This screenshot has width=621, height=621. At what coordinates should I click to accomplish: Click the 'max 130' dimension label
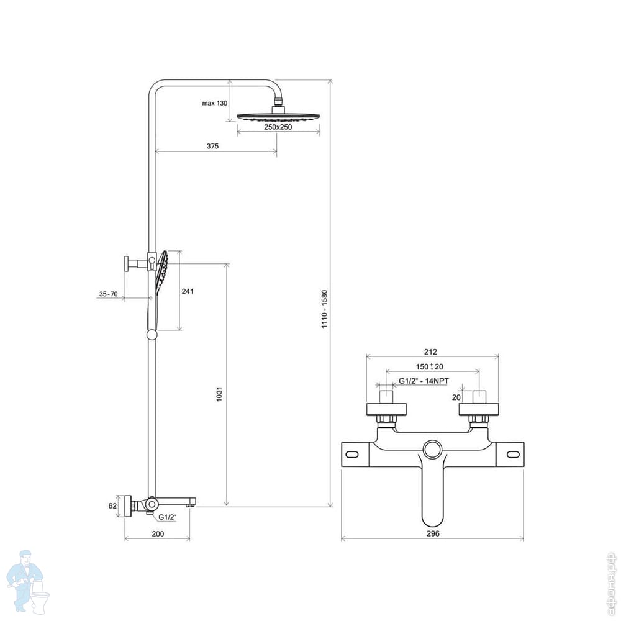point(215,103)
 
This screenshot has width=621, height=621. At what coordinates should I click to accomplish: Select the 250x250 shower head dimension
point(278,127)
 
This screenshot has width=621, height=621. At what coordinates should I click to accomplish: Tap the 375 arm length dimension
point(212,146)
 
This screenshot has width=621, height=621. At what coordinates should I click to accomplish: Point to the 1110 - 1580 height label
point(325,309)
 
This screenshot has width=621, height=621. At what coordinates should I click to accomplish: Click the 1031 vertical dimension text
point(219,394)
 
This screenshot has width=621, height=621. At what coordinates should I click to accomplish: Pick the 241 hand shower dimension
point(188,291)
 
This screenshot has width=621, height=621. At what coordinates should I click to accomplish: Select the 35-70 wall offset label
point(109,294)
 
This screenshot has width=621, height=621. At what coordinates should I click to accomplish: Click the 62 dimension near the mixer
point(112,505)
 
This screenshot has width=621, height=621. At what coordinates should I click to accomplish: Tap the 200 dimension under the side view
point(158,534)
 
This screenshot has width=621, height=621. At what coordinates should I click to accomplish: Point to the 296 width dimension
point(433,533)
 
